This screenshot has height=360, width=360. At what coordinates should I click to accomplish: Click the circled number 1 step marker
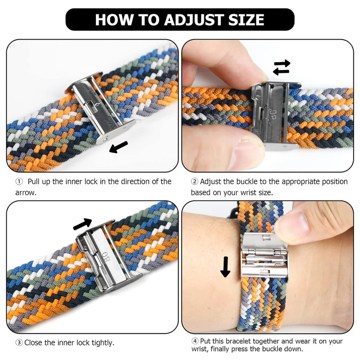point(19,182)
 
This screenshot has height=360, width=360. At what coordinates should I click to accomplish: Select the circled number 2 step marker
point(194,182)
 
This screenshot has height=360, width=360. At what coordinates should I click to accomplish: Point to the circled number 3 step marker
point(19,343)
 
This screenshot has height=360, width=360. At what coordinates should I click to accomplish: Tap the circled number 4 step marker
point(195,341)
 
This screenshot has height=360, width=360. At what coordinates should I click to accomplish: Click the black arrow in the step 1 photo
point(118,147)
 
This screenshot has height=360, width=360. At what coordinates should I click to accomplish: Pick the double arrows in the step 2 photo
point(282,67)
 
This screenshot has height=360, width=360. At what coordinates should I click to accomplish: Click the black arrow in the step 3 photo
point(82,224)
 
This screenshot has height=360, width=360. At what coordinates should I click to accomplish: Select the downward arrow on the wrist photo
point(225,267)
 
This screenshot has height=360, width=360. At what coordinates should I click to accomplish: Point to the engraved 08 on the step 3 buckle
point(106,257)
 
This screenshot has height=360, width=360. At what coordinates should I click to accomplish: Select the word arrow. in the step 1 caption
point(26,193)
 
